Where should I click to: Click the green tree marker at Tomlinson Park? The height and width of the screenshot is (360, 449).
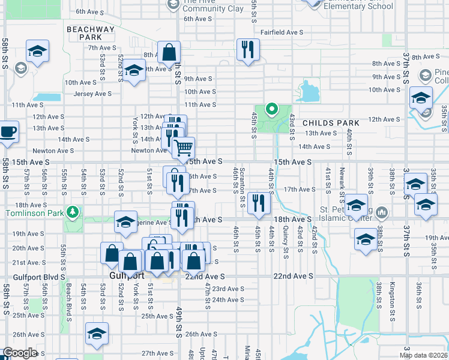[x=73, y=212]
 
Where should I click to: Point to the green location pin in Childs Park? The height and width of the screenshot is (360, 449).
[x=271, y=109]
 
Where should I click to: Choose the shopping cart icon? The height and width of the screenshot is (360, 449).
[x=184, y=147]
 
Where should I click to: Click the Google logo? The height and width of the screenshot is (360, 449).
[x=20, y=353]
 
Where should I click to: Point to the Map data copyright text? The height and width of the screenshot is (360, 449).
[x=423, y=355]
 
